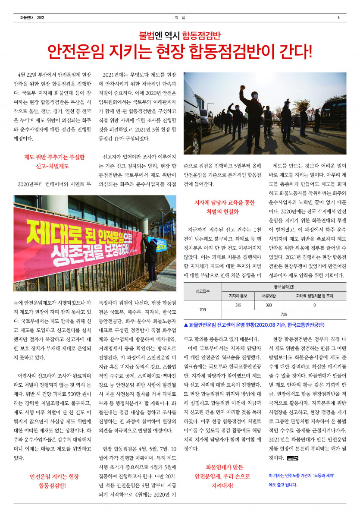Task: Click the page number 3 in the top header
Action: pos(338,17)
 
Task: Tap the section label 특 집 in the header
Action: pos(180,17)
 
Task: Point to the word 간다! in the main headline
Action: pos(291,52)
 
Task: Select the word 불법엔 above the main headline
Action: pos(149,35)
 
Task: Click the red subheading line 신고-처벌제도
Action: pos(54,166)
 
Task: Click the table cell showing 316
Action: pos(238,305)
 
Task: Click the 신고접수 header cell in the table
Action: pos(203,291)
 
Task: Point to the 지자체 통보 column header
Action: pos(238,296)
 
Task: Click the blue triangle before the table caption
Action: pos(186,325)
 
